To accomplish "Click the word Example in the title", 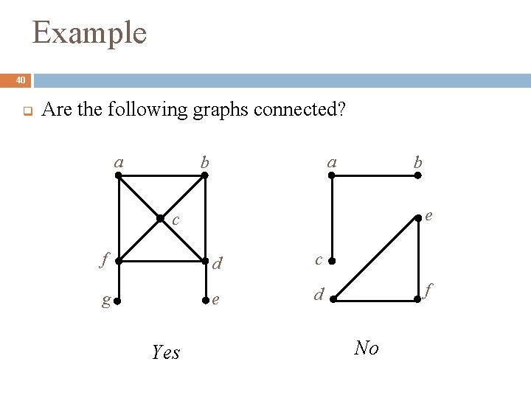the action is coord(89,33).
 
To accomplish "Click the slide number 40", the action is coord(20,80).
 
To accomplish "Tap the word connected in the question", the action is coord(294,111).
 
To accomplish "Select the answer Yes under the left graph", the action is coord(165,353).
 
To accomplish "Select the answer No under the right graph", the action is coord(367,348).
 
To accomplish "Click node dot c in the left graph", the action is coord(160,218).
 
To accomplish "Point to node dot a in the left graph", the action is coord(118,176).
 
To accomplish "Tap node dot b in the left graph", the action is coord(205,176).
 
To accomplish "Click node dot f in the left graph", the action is coord(118,260).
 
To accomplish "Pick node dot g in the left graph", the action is coord(118,301).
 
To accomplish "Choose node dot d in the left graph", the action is coord(205,260).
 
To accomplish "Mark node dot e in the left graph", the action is coord(205,301).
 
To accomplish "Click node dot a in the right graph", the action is coord(332,176).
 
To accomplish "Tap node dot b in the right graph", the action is coord(418,176).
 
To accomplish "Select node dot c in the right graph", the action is coord(332,261).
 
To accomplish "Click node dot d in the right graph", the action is coord(332,298).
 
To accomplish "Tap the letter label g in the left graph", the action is coord(107,301).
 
